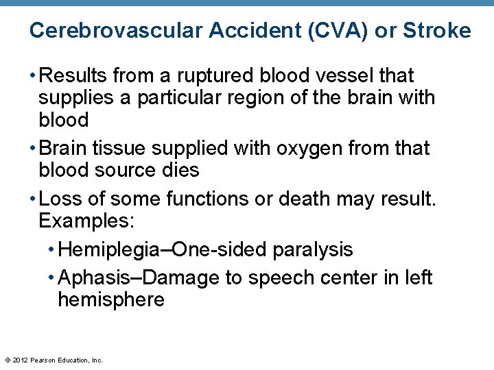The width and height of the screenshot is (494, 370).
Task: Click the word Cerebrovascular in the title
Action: pos(115,31)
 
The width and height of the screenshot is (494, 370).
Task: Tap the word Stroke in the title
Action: pos(437,31)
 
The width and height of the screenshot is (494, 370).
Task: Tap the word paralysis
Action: pos(312,249)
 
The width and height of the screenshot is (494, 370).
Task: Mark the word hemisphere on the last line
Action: pos(111,300)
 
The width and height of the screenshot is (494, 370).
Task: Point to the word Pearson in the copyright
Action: pos(45,360)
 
